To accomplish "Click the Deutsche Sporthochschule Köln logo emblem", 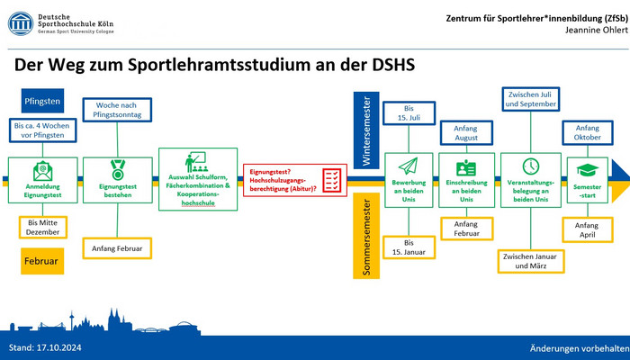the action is [x=21, y=23].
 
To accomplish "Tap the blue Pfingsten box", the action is [x=42, y=101].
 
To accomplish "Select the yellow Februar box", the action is [x=42, y=261].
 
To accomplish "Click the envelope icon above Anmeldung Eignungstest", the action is [x=42, y=171].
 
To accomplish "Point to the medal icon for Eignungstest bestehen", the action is [x=118, y=170].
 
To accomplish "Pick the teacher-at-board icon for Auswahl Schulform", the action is [x=197, y=161].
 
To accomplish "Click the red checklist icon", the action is [x=332, y=180].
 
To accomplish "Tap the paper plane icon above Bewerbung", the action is [x=409, y=166].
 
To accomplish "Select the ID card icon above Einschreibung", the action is [x=466, y=168].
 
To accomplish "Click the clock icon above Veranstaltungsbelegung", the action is [x=531, y=166].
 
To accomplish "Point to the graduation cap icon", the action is [x=588, y=170].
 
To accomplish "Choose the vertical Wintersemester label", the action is [x=366, y=130].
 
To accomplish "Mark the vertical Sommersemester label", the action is [x=366, y=236].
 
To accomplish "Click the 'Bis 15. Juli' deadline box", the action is [x=409, y=113].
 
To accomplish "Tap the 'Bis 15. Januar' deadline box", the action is [x=409, y=247].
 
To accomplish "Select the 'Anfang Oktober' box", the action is [x=588, y=132].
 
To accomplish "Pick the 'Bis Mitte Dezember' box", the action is [x=43, y=228].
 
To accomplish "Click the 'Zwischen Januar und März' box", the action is [x=531, y=261].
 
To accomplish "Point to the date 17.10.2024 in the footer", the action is [x=59, y=347].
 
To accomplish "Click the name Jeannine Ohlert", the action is [x=596, y=30].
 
